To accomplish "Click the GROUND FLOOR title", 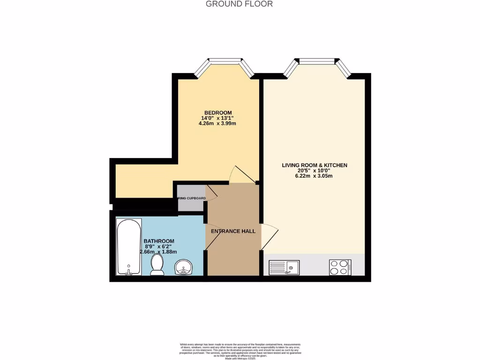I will (240, 4).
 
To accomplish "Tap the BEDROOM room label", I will (217, 112).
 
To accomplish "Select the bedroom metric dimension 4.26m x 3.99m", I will (217, 124).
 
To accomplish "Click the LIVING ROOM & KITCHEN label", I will (315, 165).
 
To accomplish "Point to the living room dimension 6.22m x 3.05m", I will (314, 176).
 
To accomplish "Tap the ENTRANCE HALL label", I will (233, 231).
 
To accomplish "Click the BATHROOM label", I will (159, 241).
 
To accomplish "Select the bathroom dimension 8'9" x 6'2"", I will (159, 247).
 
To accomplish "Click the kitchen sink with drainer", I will (284, 268).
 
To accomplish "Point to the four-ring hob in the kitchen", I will (340, 268).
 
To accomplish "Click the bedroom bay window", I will (225, 61).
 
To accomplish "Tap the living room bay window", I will (317, 61).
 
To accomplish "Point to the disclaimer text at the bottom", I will (240, 351).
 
